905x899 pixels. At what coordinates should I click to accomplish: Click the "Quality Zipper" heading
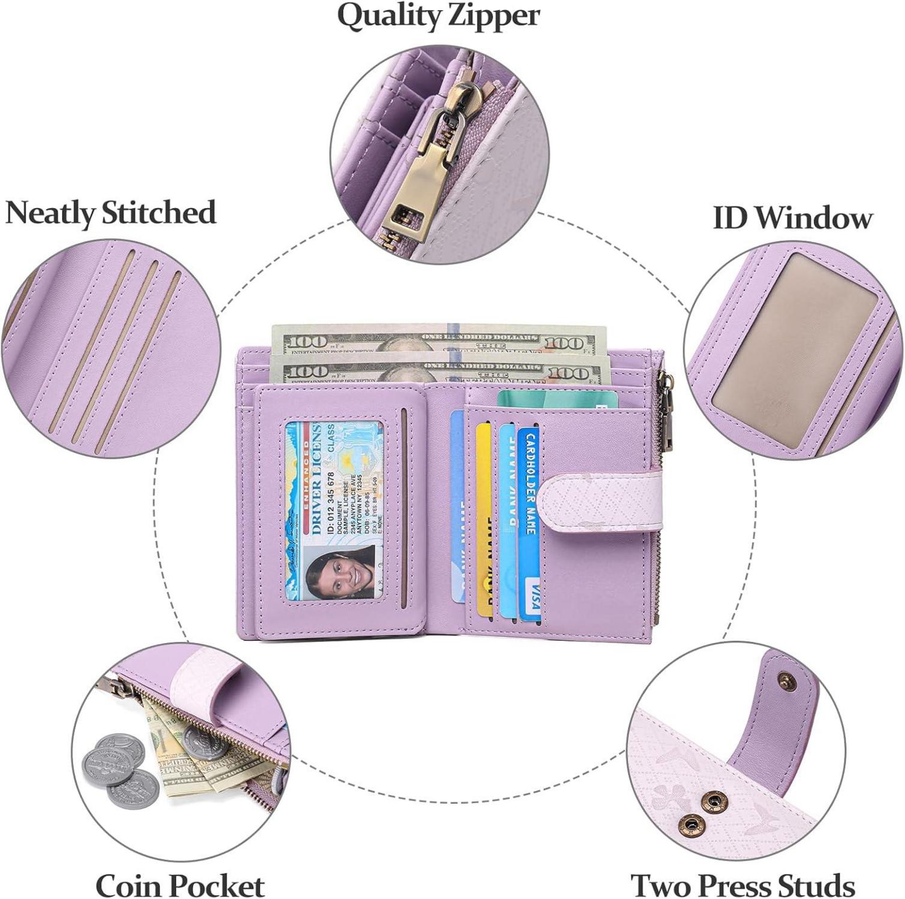[x=438, y=16]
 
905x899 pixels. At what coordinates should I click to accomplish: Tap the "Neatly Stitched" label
[x=111, y=213]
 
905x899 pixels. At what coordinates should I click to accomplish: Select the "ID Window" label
[x=792, y=217]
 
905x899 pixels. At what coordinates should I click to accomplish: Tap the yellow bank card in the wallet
[x=483, y=515]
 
